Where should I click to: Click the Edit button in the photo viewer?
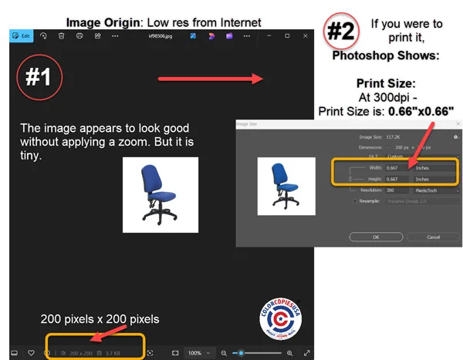[21, 35]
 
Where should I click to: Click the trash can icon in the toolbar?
[62, 35]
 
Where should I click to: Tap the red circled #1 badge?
[40, 77]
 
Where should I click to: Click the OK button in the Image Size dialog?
[376, 237]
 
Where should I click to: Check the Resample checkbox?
[354, 201]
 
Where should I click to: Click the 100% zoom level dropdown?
[198, 353]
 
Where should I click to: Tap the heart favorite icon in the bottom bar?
[31, 353]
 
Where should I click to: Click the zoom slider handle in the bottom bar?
[242, 353]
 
